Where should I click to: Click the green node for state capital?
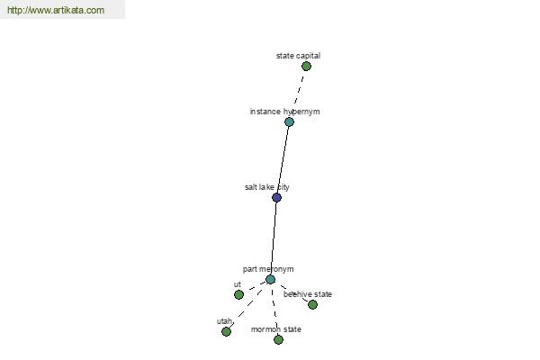click(x=306, y=66)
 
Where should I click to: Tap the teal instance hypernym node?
click(x=289, y=121)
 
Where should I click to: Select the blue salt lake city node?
click(x=276, y=197)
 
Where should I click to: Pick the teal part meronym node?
click(x=270, y=279)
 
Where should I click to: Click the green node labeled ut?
click(x=238, y=294)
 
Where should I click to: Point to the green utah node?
click(x=226, y=331)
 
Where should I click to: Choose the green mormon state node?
click(x=278, y=339)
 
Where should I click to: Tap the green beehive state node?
click(x=312, y=304)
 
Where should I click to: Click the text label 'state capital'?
click(x=298, y=56)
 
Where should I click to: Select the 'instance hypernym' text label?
click(x=284, y=112)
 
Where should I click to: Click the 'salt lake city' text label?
click(x=267, y=187)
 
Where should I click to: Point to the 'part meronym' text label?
click(x=268, y=269)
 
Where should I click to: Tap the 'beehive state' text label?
click(x=308, y=294)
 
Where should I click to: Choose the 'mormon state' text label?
click(x=276, y=329)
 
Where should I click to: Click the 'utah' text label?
click(x=224, y=321)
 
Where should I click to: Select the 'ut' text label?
click(x=238, y=284)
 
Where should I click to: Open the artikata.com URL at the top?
click(x=56, y=10)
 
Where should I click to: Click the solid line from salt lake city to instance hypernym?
click(x=283, y=159)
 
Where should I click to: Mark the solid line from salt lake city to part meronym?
click(x=274, y=238)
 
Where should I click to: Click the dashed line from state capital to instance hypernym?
click(x=299, y=90)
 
